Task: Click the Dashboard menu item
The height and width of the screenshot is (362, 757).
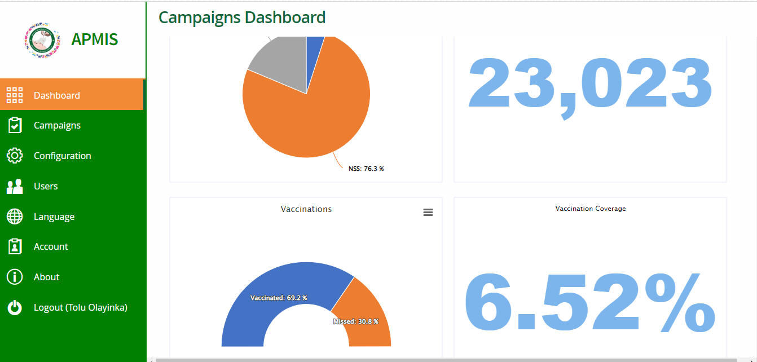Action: pos(56,95)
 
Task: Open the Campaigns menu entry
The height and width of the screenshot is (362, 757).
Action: pos(57,125)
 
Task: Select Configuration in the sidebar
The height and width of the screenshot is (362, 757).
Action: pos(62,156)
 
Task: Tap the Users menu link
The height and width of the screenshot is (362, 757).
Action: pos(46,186)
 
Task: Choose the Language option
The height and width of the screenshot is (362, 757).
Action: pos(54,217)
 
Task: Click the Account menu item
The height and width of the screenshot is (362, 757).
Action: pos(51,246)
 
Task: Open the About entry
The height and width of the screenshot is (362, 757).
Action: pos(46,277)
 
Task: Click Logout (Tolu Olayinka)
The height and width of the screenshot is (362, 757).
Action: pos(81,307)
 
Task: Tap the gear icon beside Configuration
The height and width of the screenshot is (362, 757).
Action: pos(15,156)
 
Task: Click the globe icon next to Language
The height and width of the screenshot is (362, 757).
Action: pos(15,217)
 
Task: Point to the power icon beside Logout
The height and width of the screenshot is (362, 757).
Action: pos(15,307)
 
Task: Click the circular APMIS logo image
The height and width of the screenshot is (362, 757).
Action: pos(42,39)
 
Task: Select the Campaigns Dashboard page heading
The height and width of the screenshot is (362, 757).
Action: pos(242,17)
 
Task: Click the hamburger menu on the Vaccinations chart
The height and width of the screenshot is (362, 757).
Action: pos(428,212)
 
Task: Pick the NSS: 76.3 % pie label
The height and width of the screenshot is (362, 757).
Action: pos(366,169)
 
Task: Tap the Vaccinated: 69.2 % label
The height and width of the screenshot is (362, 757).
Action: pos(279,298)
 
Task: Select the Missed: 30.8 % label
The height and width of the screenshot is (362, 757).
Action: pos(356,321)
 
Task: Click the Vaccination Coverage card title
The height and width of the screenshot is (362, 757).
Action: pos(591,209)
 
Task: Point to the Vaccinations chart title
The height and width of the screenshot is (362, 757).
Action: pos(306,209)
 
